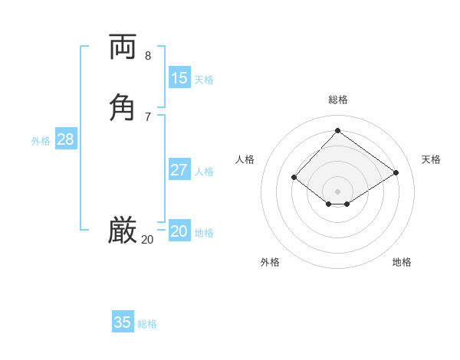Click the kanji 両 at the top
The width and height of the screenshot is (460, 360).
123,46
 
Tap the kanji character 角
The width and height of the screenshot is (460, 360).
123,106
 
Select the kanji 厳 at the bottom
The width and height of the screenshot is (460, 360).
123,230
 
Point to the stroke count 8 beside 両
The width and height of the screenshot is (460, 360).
148,55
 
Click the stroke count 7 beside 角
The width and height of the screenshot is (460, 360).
148,116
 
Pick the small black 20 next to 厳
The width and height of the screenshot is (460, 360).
147,240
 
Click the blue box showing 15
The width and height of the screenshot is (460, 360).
179,77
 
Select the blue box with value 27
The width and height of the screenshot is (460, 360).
179,170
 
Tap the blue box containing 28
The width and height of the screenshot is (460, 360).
65,139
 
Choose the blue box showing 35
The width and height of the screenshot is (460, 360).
123,322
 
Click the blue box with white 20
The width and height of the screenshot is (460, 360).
179,231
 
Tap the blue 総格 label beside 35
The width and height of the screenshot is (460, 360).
147,324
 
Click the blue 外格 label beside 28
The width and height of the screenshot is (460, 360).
41,141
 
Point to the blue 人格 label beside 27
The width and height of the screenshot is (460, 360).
205,172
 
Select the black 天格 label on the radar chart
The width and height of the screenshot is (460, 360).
431,159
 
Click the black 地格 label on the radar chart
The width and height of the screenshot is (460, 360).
402,262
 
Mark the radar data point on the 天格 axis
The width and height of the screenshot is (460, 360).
396,172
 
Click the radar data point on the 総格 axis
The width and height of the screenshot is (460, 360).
337,130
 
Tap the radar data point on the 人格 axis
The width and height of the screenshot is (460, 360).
294,178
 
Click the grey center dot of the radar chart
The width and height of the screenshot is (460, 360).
337,191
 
